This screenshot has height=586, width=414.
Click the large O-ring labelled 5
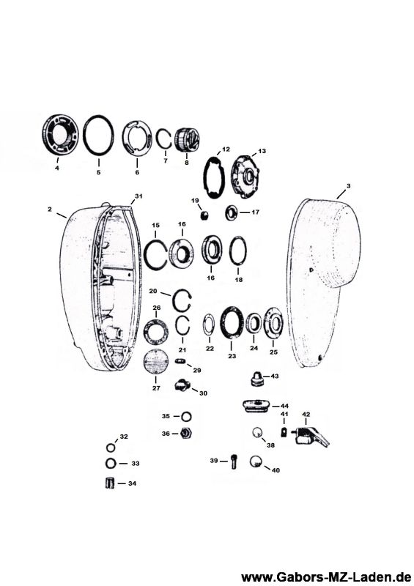pyautogui.click(x=84, y=135)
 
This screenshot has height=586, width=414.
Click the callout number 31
pyautogui.click(x=138, y=196)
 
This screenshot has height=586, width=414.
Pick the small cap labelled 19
pyautogui.click(x=204, y=215)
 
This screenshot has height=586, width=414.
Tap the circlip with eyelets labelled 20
pyautogui.click(x=176, y=303)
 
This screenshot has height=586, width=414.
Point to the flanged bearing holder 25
pyautogui.click(x=273, y=323)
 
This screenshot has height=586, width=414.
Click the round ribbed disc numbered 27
pyautogui.click(x=156, y=361)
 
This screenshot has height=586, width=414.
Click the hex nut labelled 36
pyautogui.click(x=186, y=434)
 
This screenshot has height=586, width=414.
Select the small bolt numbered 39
pyautogui.click(x=234, y=461)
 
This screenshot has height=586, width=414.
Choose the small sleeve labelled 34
pyautogui.click(x=110, y=483)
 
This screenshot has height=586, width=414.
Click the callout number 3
pyautogui.click(x=348, y=186)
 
